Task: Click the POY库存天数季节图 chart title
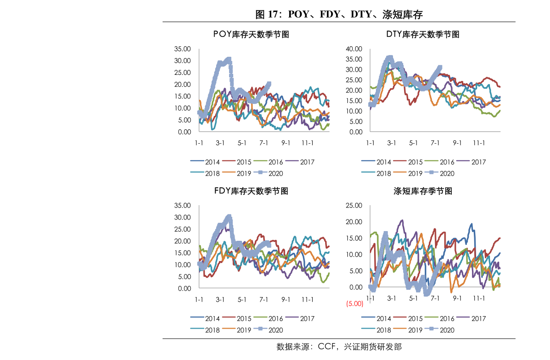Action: (x=251, y=34)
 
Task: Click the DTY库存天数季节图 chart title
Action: (x=423, y=34)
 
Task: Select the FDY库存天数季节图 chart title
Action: (x=251, y=191)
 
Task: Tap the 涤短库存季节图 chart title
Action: (x=423, y=191)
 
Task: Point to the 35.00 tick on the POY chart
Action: (x=182, y=49)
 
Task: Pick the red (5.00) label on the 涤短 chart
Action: (x=355, y=304)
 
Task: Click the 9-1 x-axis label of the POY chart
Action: (x=285, y=143)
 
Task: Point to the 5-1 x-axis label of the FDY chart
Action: (x=242, y=300)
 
